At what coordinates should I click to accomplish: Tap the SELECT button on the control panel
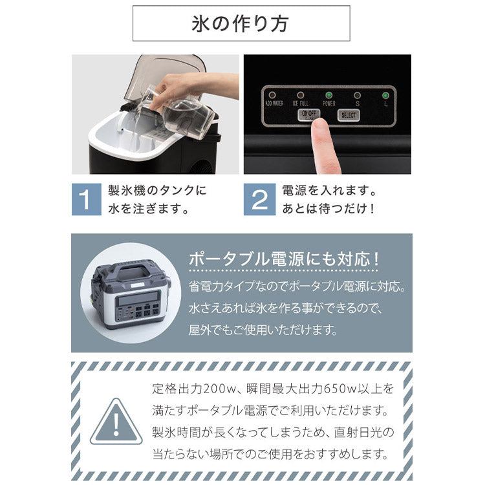pyautogui.click(x=348, y=115)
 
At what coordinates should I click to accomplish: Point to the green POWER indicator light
pyautogui.click(x=329, y=94)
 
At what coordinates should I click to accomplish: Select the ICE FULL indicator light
pyautogui.click(x=301, y=94)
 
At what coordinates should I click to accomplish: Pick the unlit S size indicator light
pyautogui.click(x=357, y=94)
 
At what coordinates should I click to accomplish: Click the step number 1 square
pyautogui.click(x=86, y=200)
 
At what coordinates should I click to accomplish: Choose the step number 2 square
pyautogui.click(x=259, y=200)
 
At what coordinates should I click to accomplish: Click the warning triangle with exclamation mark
pyautogui.click(x=116, y=422)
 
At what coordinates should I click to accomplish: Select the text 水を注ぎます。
pyautogui.click(x=149, y=210)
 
